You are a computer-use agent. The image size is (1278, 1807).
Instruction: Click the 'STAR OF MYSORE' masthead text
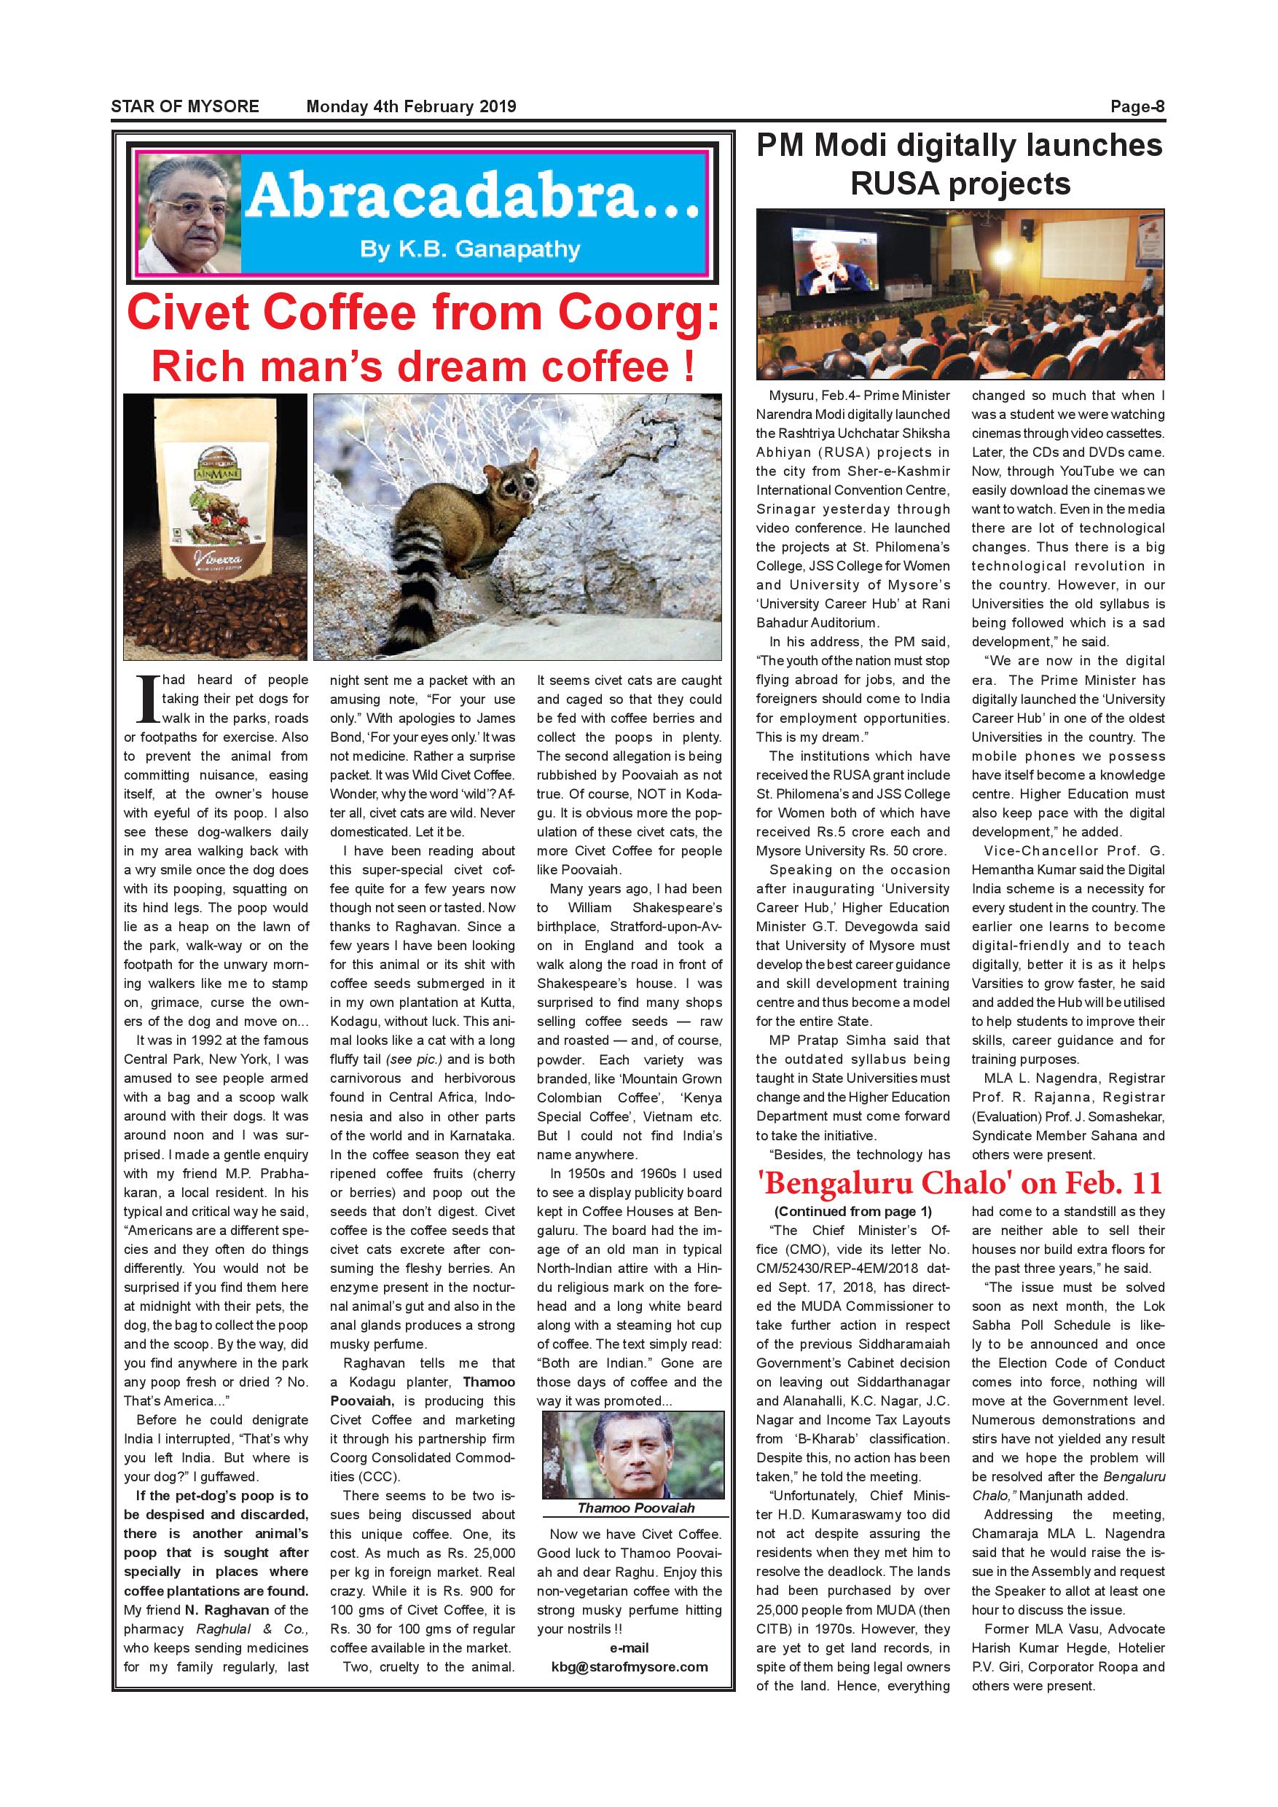(x=184, y=106)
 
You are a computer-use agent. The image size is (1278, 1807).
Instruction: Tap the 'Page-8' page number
(x=1137, y=106)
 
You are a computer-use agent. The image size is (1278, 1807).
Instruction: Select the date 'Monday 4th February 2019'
(x=411, y=106)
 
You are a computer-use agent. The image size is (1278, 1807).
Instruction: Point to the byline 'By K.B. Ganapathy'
(x=470, y=249)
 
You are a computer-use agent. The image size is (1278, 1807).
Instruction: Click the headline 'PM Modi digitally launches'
(x=960, y=146)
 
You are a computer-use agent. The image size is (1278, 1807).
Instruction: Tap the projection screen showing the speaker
(x=836, y=267)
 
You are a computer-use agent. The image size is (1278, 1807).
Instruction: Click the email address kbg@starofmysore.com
(x=630, y=1666)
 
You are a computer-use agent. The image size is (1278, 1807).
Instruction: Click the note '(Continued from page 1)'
(x=852, y=1211)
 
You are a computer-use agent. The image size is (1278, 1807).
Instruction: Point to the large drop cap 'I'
(x=147, y=698)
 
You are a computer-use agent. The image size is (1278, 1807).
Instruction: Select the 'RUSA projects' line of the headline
(x=960, y=184)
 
